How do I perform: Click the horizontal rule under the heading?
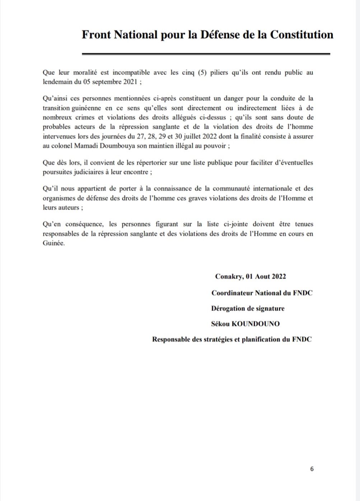[206, 54]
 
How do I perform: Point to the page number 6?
[312, 469]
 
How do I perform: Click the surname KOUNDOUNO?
[255, 324]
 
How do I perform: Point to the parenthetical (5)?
[201, 73]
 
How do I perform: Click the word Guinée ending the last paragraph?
[53, 243]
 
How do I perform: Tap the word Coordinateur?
[232, 293]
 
